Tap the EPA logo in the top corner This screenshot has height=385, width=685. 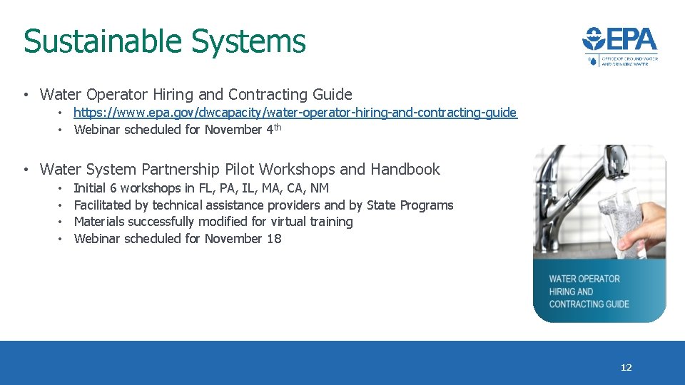point(619,46)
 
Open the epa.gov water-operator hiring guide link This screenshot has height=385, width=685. point(295,113)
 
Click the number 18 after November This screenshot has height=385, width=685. point(274,239)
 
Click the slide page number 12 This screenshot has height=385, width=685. point(626,368)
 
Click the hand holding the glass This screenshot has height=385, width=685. point(646,228)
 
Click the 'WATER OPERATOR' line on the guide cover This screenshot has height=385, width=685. point(584,279)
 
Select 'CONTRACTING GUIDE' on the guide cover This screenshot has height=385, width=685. point(589,304)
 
